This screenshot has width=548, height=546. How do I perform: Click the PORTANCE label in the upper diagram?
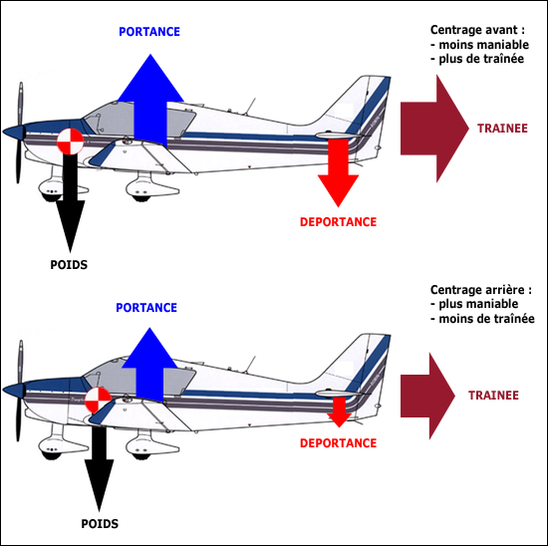[x=149, y=32]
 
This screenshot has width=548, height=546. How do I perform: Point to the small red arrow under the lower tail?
[x=338, y=409]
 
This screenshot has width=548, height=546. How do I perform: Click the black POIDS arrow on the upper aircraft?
[x=69, y=204]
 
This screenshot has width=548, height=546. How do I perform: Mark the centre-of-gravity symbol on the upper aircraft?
[x=71, y=142]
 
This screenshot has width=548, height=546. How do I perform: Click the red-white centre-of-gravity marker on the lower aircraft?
[x=98, y=401]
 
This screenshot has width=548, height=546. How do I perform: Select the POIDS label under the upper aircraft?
[x=69, y=265]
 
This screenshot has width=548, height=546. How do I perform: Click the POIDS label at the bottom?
[x=100, y=524]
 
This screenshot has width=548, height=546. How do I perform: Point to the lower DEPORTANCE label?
[x=338, y=442]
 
